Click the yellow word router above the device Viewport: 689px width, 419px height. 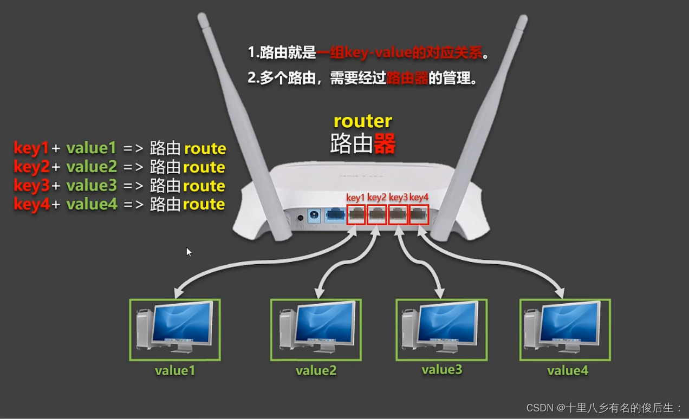pos(362,121)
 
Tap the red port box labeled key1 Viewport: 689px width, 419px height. pos(356,215)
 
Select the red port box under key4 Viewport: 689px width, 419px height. pos(418,215)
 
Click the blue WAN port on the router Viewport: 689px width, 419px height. pos(334,216)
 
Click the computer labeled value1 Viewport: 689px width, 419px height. pos(175,329)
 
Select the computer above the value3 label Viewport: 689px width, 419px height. pos(441,329)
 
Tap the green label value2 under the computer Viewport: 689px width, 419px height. pos(316,371)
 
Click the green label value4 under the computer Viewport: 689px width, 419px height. pos(567,371)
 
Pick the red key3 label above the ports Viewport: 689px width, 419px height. pos(398,197)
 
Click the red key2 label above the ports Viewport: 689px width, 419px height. pos(377,197)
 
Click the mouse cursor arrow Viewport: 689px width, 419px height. pos(188,252)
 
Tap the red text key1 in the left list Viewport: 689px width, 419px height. pos(31,148)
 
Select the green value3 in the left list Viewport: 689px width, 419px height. pos(92,186)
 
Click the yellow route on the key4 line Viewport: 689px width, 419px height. pos(204,204)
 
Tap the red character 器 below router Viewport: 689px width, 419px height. pos(385,144)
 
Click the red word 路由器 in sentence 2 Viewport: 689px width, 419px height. pos(407,78)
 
